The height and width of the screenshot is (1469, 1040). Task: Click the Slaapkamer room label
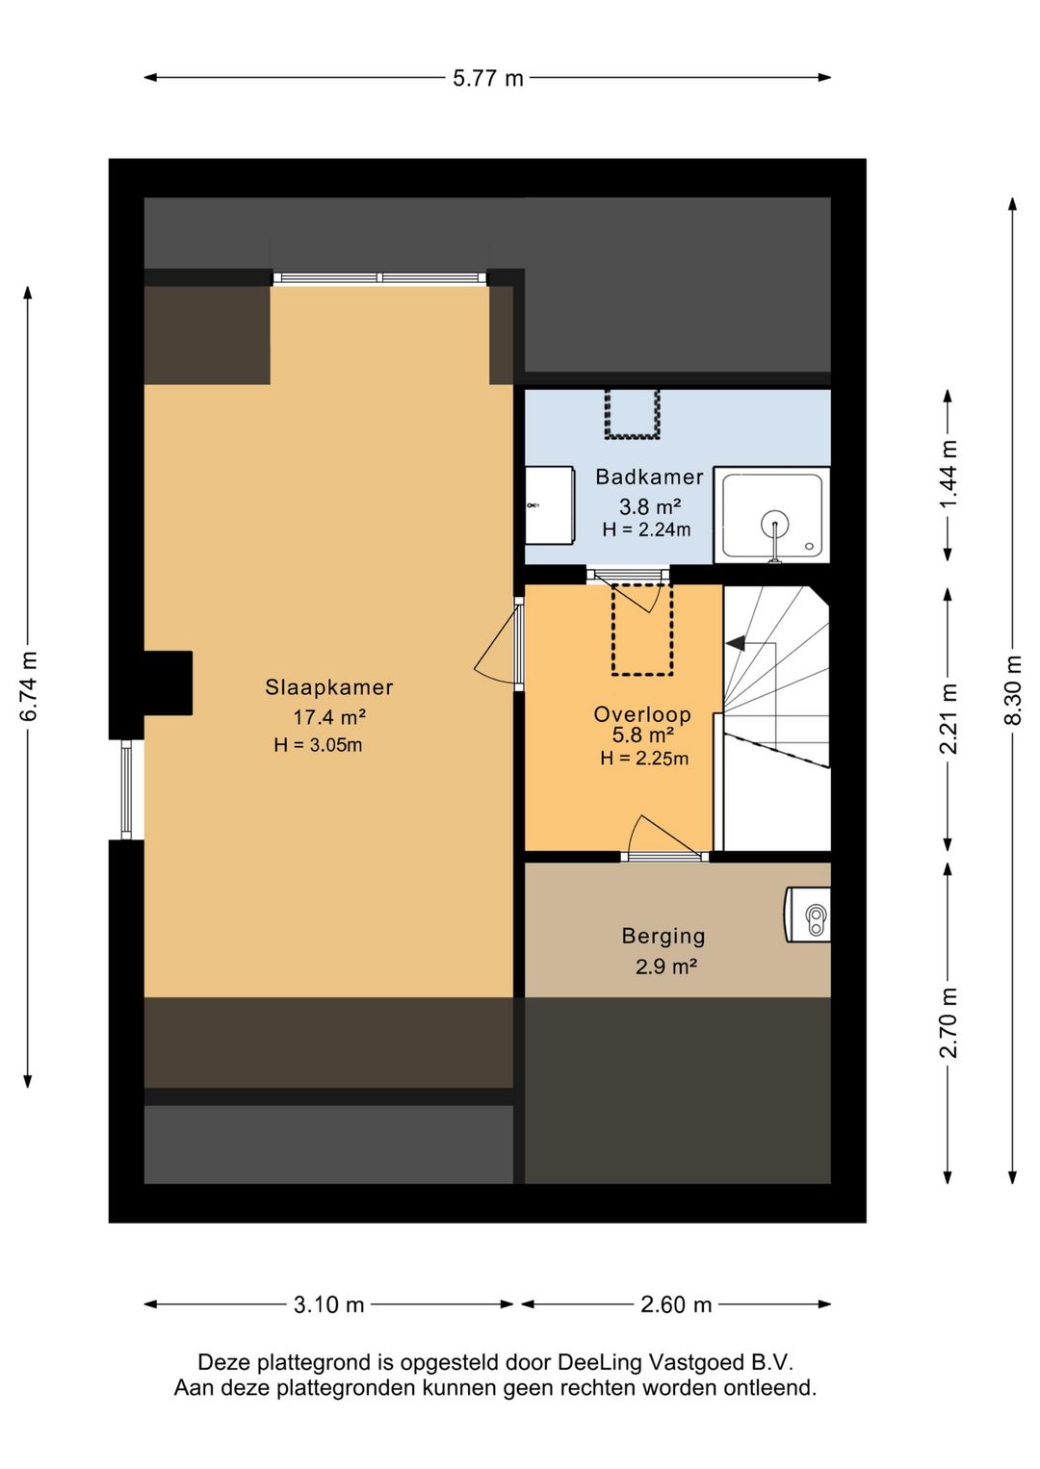point(328,686)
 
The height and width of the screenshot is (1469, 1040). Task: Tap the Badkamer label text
point(649,477)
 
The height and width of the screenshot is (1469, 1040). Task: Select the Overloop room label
point(642,714)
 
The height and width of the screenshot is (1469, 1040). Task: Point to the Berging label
point(663,937)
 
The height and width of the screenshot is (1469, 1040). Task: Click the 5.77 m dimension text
point(488,79)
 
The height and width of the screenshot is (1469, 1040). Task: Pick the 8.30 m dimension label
point(1014,689)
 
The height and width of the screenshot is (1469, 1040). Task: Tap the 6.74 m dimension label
point(29,686)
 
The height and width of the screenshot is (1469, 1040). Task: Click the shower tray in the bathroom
point(771,515)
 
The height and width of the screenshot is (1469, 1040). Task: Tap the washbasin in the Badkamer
point(550,504)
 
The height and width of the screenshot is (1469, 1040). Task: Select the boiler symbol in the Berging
point(808,915)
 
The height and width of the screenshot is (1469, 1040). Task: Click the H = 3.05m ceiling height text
point(318,745)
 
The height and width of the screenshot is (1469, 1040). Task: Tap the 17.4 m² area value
point(328,716)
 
